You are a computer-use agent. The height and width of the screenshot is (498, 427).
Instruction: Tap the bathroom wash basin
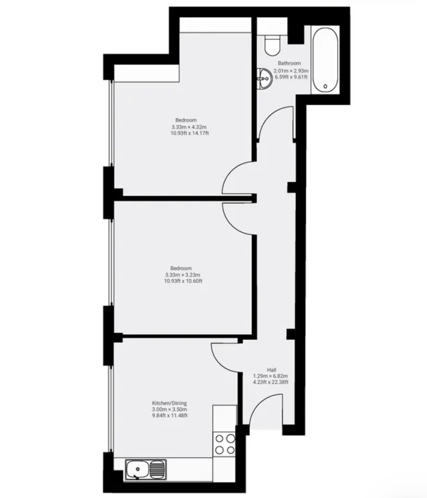[265, 79]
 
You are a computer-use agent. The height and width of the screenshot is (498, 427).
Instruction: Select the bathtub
[325, 60]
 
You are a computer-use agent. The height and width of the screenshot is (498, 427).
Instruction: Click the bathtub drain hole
[325, 86]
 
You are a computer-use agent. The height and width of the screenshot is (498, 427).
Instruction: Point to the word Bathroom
[289, 63]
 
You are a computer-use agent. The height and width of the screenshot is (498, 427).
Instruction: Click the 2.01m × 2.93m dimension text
[291, 71]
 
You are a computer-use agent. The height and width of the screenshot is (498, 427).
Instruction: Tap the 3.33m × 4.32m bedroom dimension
[189, 127]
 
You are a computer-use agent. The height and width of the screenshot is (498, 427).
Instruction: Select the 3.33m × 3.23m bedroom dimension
[182, 275]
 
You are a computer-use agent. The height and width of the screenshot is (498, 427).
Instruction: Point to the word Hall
[272, 369]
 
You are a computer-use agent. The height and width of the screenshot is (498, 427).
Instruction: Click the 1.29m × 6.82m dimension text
[270, 376]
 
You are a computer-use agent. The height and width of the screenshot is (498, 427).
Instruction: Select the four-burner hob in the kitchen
[225, 444]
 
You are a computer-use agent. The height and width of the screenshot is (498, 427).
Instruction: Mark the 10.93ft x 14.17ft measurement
[190, 133]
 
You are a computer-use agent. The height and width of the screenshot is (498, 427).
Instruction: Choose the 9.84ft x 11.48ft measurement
[170, 415]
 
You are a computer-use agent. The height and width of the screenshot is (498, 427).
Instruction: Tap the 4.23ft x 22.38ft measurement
[271, 382]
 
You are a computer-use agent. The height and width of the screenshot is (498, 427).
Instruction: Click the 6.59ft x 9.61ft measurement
[291, 77]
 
